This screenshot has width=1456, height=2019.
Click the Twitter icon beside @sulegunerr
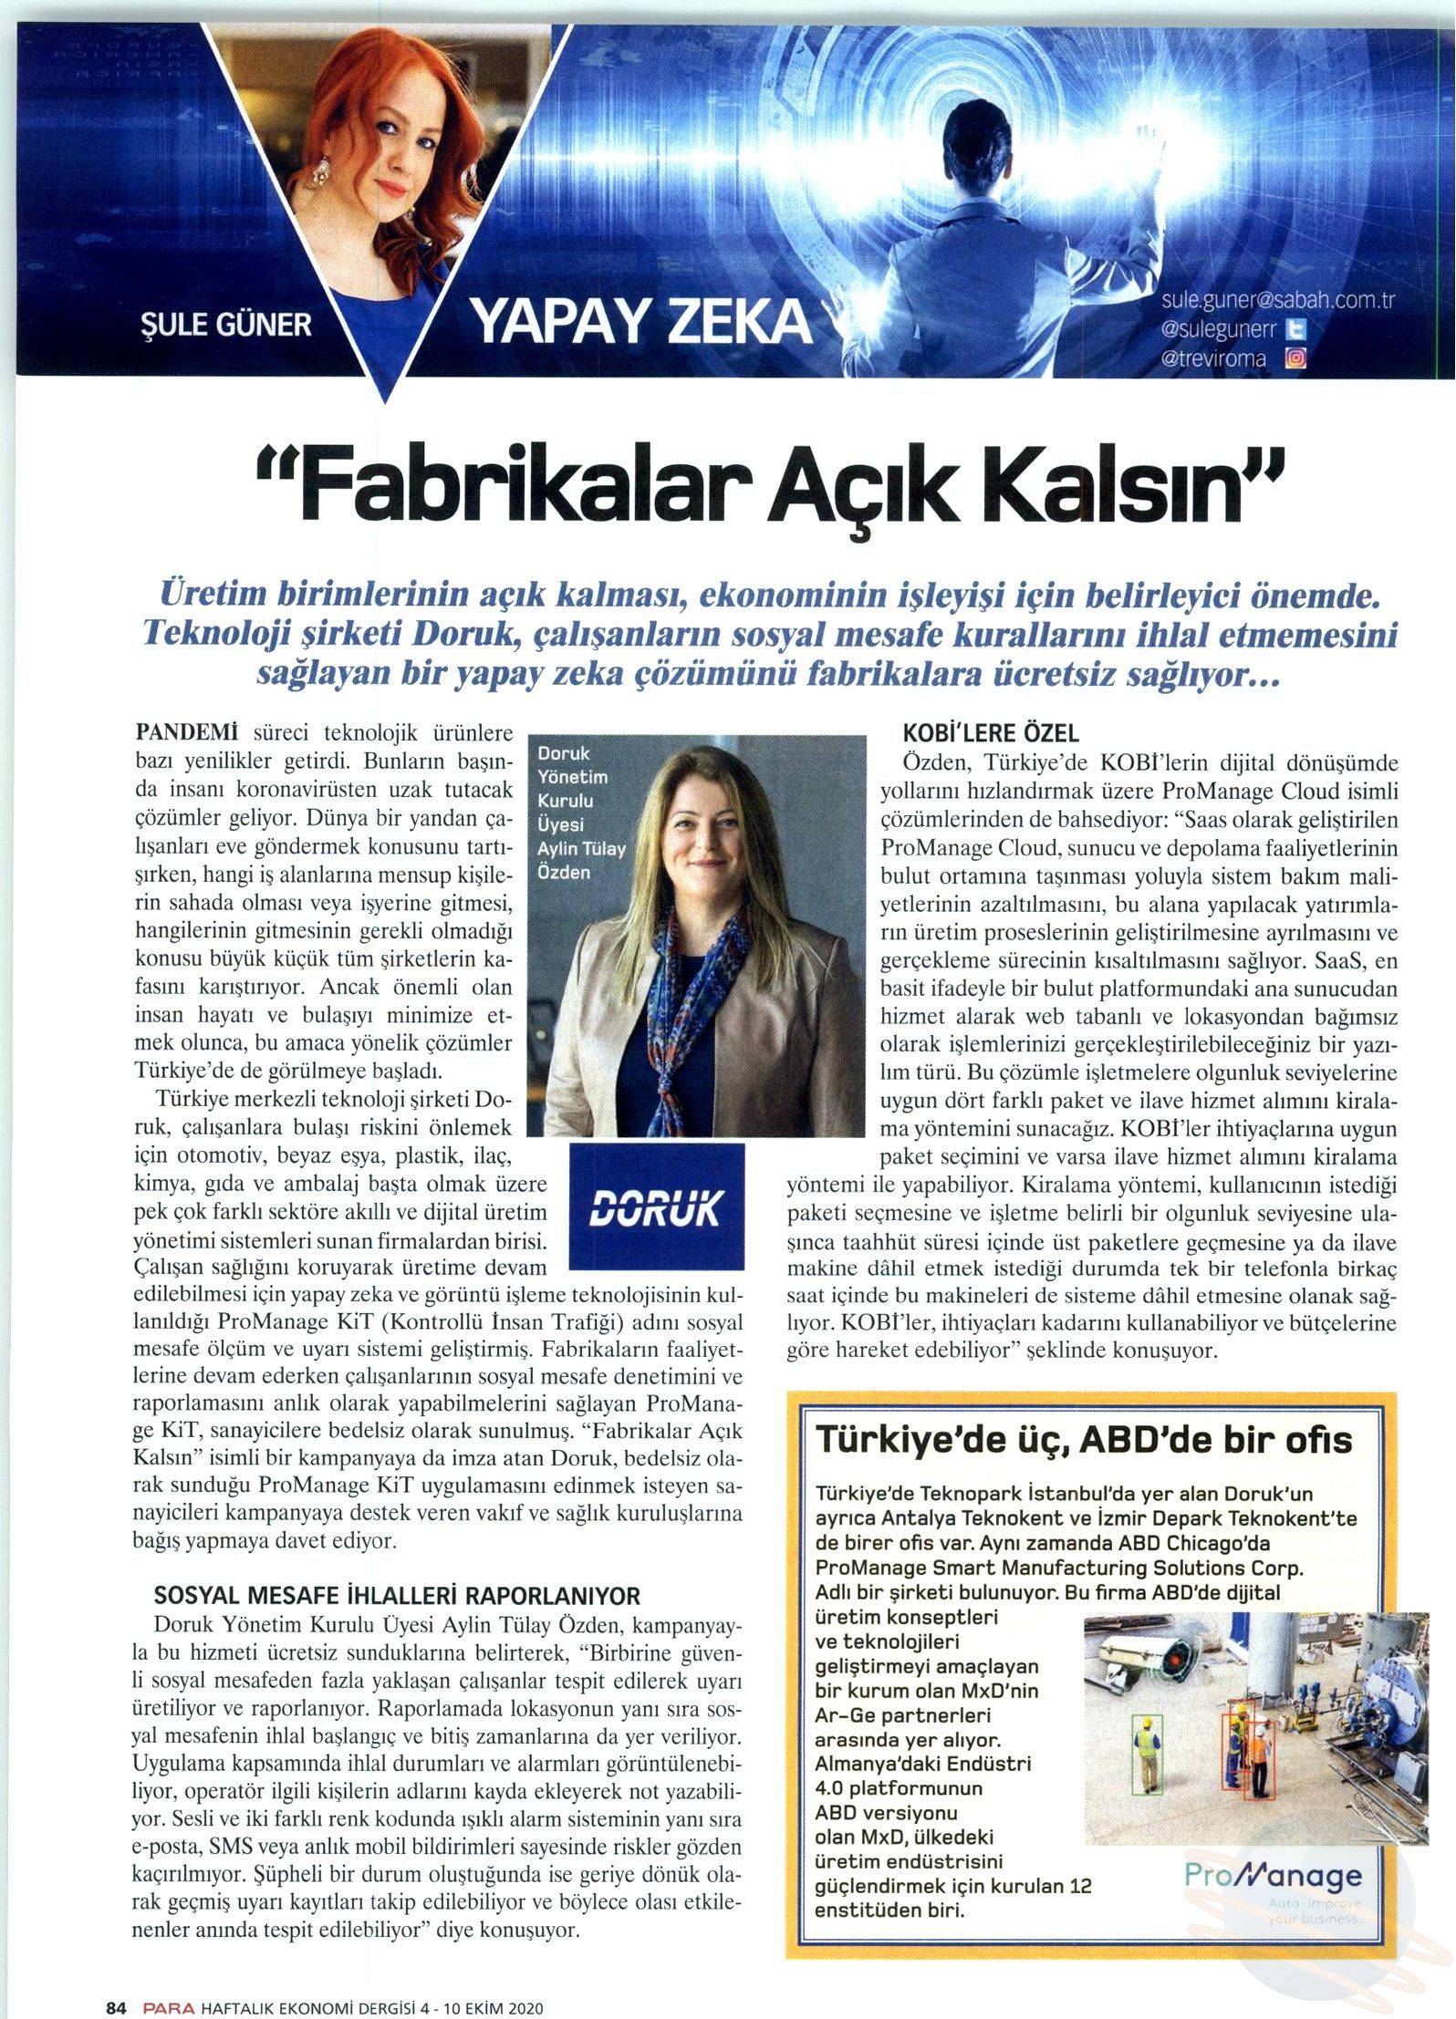click(1295, 328)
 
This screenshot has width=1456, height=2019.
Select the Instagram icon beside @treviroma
click(1295, 358)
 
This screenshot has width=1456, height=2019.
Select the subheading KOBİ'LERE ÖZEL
click(991, 732)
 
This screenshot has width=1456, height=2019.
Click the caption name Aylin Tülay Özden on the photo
click(582, 860)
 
